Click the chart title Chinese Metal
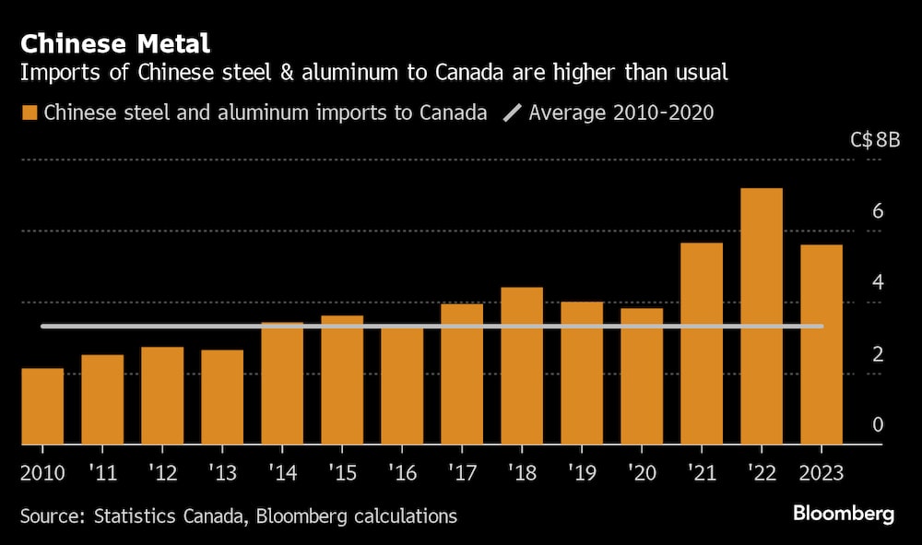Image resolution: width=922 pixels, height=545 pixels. click(115, 42)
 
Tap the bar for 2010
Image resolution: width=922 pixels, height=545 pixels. click(42, 407)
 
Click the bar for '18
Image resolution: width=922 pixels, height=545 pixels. click(522, 366)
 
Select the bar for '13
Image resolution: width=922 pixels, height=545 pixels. click(222, 397)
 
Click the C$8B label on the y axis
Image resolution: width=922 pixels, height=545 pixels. click(875, 141)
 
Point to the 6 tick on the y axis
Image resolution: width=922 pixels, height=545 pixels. click(878, 211)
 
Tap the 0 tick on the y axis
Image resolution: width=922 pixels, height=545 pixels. click(878, 424)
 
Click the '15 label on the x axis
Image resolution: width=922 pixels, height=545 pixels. click(341, 472)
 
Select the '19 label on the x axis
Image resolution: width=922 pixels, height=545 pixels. click(581, 472)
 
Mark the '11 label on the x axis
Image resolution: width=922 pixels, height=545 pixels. click(101, 472)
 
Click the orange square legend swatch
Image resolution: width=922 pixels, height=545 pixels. click(30, 113)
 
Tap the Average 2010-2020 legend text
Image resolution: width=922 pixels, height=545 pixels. click(621, 113)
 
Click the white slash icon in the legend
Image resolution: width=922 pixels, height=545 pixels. click(511, 113)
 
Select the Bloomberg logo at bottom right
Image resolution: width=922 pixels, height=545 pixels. click(843, 515)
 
